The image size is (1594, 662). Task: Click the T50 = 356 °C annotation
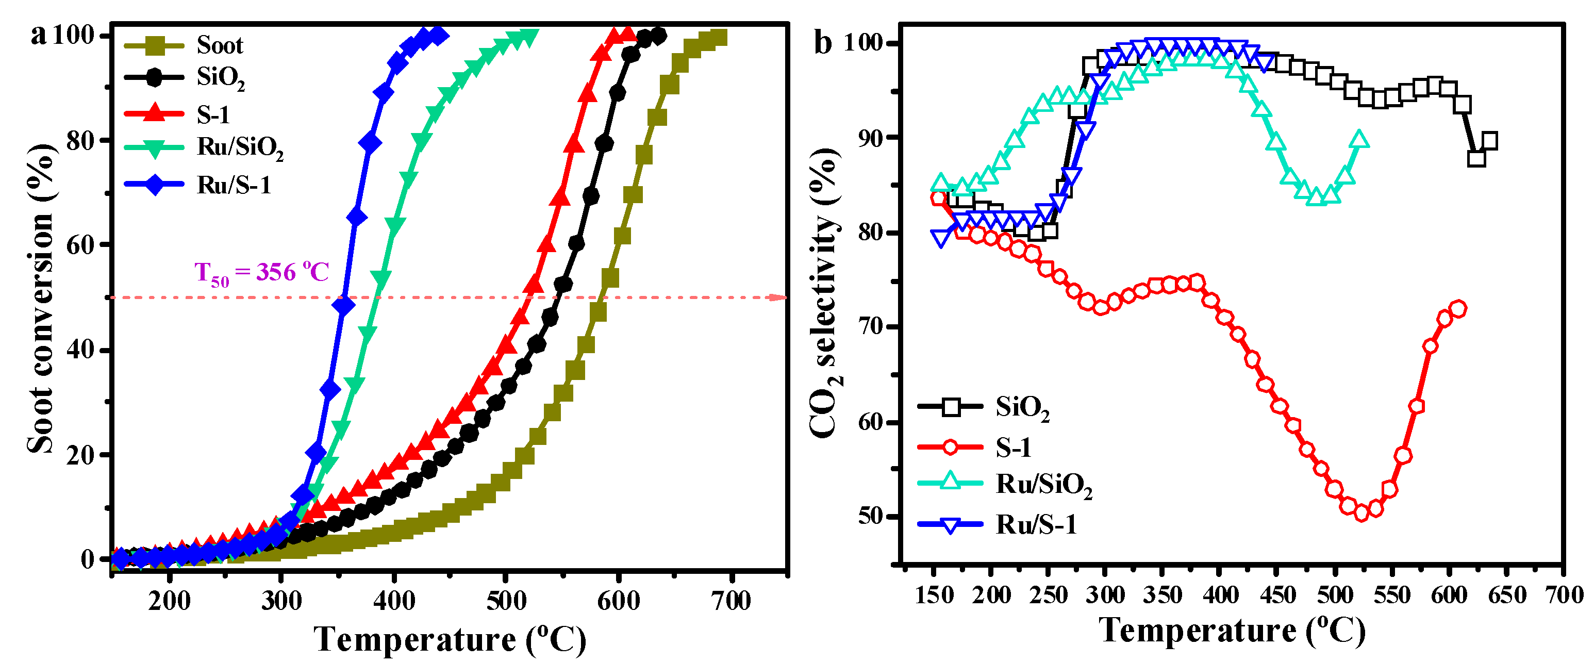point(261,272)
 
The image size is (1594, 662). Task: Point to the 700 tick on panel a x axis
point(732,601)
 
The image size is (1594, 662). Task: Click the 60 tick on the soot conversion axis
point(80,245)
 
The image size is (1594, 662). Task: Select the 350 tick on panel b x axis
point(1162,595)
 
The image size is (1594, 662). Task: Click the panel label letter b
point(822,43)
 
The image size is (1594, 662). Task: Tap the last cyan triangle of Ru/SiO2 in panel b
point(1359,140)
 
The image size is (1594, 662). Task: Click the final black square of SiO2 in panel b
point(1489,141)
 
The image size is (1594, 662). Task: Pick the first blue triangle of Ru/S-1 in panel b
point(940,238)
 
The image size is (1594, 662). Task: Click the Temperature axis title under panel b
point(1232,631)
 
